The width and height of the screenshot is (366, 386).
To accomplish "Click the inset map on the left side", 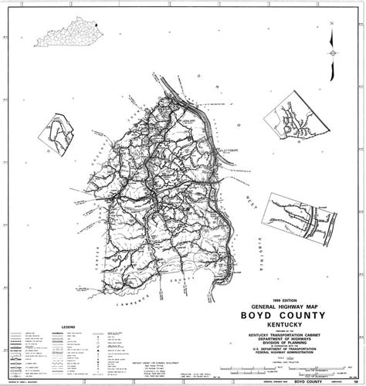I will (63, 133).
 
